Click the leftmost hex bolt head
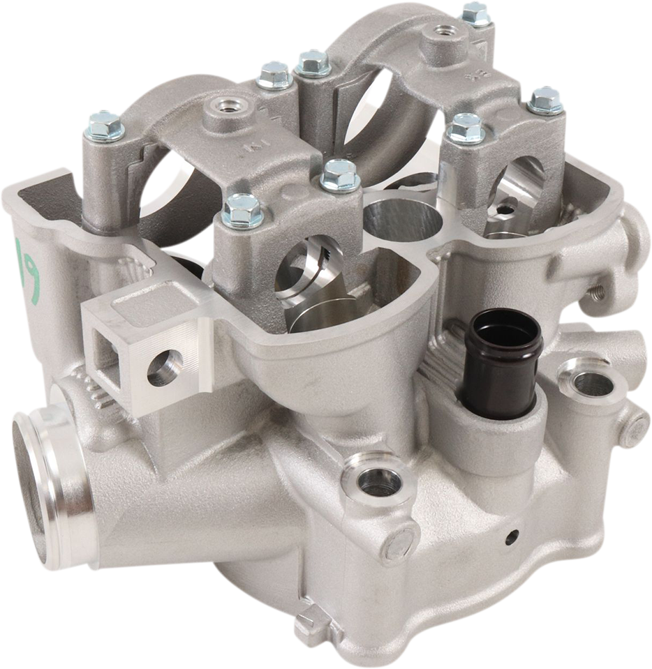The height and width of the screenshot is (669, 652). (x=105, y=126)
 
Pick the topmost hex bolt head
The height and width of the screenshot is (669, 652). (x=477, y=13)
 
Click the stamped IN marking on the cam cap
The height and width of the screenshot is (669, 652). (x=248, y=149)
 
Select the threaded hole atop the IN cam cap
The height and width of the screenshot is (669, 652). (x=225, y=106)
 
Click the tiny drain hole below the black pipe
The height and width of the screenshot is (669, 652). (x=512, y=536)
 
